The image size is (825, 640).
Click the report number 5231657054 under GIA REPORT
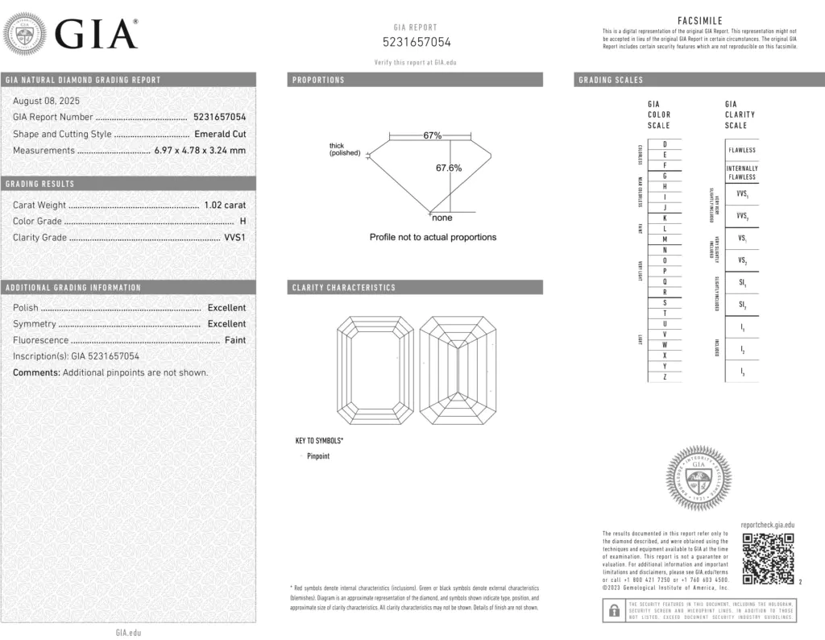416,42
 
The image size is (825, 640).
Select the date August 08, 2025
41,101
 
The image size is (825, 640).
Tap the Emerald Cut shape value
220,134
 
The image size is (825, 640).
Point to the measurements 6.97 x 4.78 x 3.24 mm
200,150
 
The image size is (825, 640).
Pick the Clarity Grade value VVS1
234,237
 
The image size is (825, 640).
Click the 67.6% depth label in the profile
449,168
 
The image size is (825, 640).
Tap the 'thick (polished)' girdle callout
345,149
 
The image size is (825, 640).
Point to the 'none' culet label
442,218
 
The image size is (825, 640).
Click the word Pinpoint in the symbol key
318,456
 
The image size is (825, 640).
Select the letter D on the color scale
665,143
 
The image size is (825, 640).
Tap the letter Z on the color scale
665,376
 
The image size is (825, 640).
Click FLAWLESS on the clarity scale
742,150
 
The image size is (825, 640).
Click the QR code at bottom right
768,559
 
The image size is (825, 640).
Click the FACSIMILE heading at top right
699,21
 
